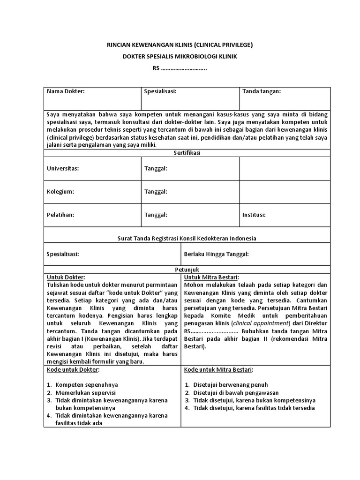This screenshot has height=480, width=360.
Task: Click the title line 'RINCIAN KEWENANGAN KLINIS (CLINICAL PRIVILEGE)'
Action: (180, 45)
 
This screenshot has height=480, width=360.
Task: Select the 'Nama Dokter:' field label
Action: (66, 91)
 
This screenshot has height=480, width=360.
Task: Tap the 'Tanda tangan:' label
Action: (261, 91)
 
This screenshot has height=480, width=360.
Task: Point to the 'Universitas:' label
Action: (63, 169)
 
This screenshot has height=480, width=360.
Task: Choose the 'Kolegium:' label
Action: (60, 192)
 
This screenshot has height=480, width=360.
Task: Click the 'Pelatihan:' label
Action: (61, 215)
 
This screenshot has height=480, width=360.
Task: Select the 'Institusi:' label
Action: (254, 215)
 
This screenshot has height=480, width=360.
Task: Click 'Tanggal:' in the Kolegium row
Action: (156, 192)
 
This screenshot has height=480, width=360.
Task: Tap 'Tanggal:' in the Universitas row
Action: (156, 169)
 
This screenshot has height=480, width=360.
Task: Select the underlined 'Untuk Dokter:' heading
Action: (66, 277)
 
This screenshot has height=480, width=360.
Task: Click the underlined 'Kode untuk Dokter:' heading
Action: (73, 370)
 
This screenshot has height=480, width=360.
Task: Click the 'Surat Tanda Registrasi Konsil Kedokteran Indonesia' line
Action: (187, 238)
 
